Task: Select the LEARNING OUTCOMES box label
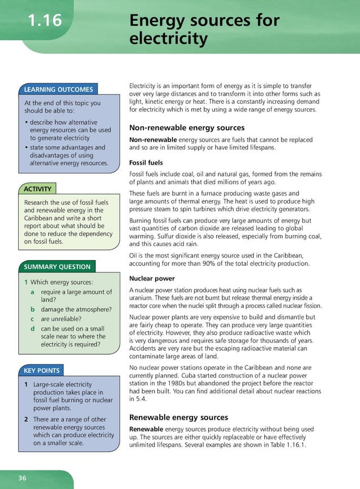coord(58,89)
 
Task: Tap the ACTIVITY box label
coord(38,189)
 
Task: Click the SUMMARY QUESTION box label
coord(56,267)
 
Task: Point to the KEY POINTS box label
coord(42,371)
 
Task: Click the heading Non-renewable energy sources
coord(187,128)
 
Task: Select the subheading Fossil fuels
coord(146,163)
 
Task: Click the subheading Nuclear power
coord(152,279)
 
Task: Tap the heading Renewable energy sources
coord(178,417)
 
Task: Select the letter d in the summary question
coord(33,328)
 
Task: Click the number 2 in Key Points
coord(26,420)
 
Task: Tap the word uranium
coord(142,298)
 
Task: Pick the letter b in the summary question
coord(33,309)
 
